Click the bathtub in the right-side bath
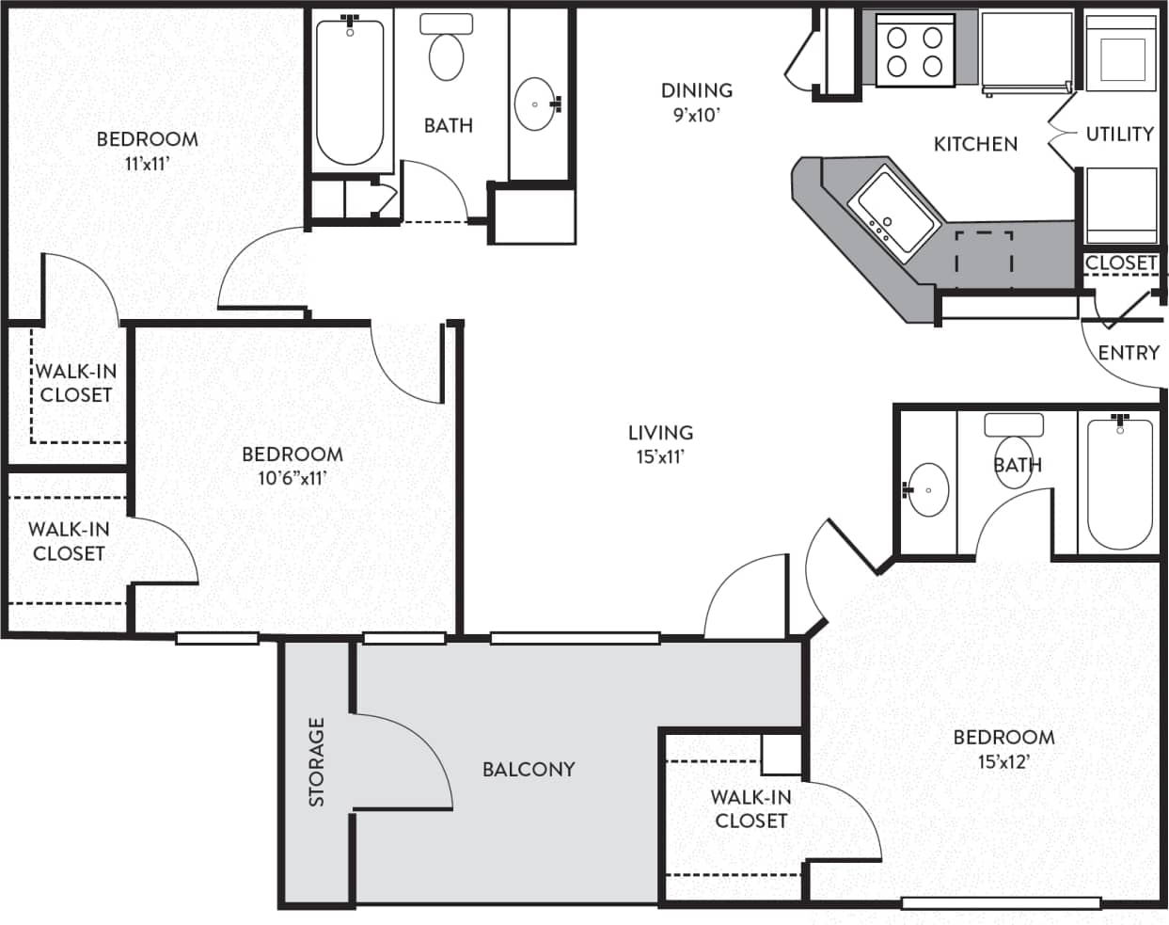pos(1119,485)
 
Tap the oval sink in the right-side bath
pos(928,489)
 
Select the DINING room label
pos(696,91)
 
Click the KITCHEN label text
pos(975,144)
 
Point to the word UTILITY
pos(1119,135)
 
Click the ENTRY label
pos(1129,353)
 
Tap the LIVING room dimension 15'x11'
pos(660,457)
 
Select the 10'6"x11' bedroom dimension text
pos(292,478)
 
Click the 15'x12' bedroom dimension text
pos(1003,761)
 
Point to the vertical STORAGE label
pos(317,762)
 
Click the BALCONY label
pos(528,770)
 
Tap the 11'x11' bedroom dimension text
pos(147,164)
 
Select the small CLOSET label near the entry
pos(1120,263)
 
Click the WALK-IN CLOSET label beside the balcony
pos(750,808)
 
